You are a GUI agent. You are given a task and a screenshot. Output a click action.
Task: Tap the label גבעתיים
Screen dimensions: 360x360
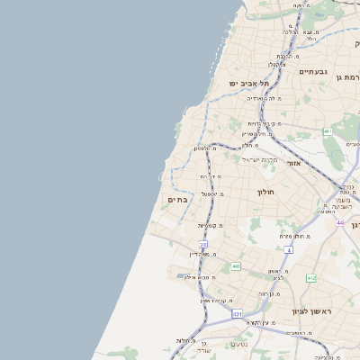pos(313,71)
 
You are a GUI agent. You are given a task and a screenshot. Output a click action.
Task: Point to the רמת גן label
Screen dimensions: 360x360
pos(351,77)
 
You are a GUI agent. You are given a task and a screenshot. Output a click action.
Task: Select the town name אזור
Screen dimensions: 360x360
pos(293,164)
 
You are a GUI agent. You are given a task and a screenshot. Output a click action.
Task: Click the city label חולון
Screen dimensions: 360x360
pos(265,192)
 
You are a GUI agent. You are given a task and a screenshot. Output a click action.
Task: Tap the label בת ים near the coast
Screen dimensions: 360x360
pos(178,199)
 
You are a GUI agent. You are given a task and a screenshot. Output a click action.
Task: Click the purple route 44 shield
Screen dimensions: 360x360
pos(339,221)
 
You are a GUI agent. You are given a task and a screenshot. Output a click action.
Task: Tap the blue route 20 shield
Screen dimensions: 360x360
pos(203,244)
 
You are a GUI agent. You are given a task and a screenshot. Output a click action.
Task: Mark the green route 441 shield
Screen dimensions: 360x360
pos(235,266)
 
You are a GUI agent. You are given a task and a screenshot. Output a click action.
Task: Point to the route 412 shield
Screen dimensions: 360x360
pos(310,279)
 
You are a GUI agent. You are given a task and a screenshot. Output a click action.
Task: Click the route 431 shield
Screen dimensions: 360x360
pos(237,314)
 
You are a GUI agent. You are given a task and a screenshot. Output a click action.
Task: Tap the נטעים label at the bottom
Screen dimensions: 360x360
pos(238,345)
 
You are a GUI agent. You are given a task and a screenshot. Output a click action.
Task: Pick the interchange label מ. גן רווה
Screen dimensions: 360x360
pos(269,293)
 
